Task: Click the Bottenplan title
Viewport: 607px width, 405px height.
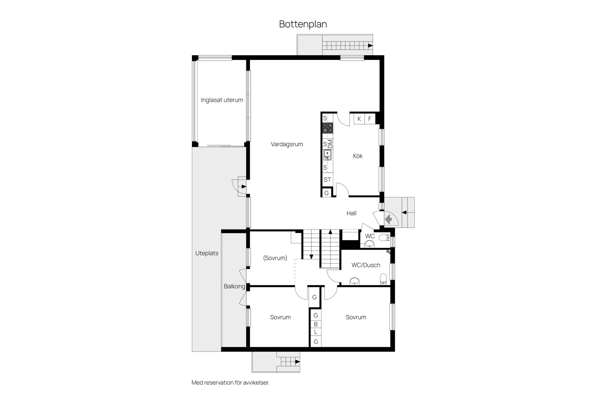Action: tap(303, 24)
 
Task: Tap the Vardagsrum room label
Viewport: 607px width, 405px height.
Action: tap(287, 144)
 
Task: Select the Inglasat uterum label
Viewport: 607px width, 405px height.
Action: tap(222, 100)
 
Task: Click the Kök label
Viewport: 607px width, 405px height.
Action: tap(358, 156)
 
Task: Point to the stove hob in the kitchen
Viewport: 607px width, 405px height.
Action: tap(328, 128)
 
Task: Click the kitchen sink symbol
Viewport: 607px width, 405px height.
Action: tap(328, 155)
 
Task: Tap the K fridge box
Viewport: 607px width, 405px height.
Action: tap(359, 119)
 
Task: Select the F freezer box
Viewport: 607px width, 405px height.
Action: tap(370, 119)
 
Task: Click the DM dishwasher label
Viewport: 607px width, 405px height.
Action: tap(330, 144)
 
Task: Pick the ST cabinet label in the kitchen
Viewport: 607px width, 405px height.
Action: tap(327, 180)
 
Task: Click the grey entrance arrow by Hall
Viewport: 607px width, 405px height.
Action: tap(389, 219)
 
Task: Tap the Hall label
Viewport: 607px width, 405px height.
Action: tap(351, 213)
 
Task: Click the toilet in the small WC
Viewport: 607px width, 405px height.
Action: tap(384, 238)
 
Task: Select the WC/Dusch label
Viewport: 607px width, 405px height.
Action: tap(366, 265)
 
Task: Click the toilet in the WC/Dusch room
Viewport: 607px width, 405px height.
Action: tap(383, 279)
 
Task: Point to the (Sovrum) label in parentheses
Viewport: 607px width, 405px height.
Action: tap(275, 258)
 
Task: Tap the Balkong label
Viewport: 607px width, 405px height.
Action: tap(235, 286)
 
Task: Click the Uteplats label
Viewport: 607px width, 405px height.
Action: tap(207, 253)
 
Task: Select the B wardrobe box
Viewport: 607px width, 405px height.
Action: tap(316, 324)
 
